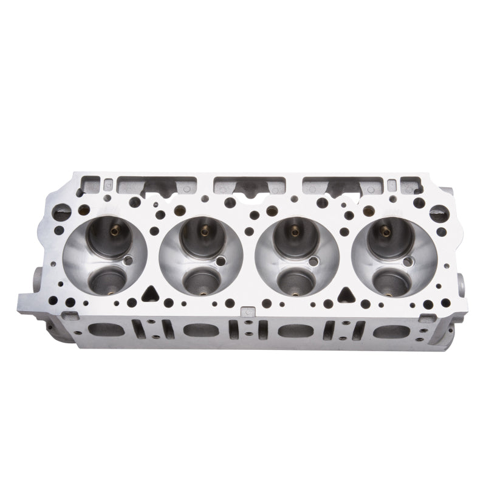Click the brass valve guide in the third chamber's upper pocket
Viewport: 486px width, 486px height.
(294, 230)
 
